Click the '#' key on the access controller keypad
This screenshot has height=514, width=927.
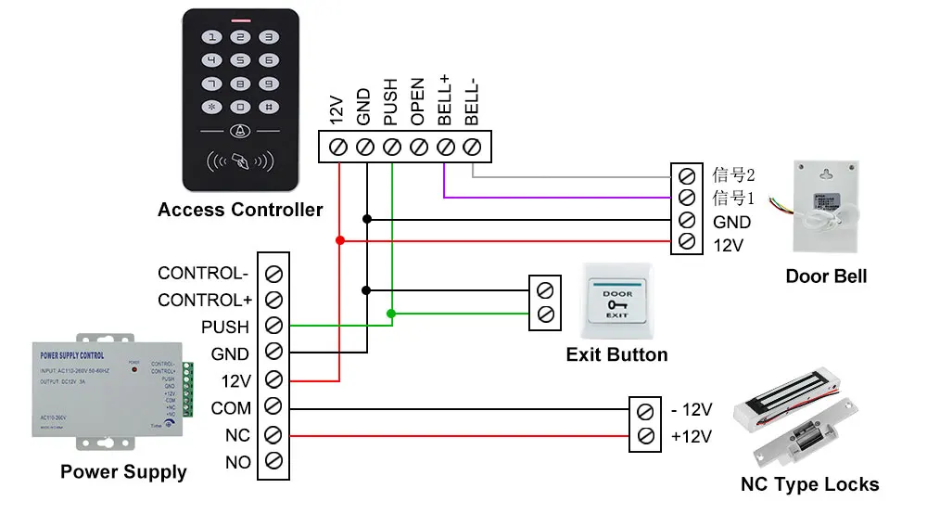(268, 107)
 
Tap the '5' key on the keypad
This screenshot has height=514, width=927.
(241, 61)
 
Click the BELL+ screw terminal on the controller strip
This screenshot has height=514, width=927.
(445, 147)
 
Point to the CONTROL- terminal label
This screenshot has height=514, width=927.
(203, 274)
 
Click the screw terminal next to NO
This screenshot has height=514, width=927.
(273, 461)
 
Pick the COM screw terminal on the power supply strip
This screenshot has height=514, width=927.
(273, 407)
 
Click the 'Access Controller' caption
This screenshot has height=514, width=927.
(240, 210)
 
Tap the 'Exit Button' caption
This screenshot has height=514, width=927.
(616, 354)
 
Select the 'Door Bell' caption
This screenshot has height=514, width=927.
(826, 276)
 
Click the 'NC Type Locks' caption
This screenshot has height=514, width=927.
(809, 484)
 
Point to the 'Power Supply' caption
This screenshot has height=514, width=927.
(123, 472)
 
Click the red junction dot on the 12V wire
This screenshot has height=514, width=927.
(340, 240)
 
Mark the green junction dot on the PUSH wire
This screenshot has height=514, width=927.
(392, 315)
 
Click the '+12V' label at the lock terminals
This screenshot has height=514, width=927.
(691, 436)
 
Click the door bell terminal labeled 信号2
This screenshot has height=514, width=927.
(687, 174)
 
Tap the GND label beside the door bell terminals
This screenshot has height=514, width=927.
(731, 223)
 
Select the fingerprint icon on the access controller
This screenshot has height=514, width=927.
(241, 159)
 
